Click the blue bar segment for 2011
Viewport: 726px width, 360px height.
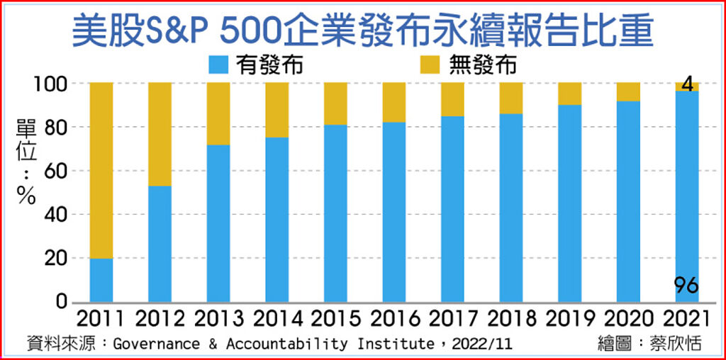pyautogui.click(x=101, y=281)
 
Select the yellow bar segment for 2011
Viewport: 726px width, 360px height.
pyautogui.click(x=101, y=170)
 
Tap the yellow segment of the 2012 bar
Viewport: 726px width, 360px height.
pyautogui.click(x=160, y=134)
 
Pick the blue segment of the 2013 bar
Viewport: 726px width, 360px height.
pyautogui.click(x=218, y=223)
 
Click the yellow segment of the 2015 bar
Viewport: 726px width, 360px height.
pyautogui.click(x=335, y=103)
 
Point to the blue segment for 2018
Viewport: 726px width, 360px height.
pyautogui.click(x=511, y=208)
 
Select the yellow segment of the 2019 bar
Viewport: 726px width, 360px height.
pyautogui.click(x=570, y=94)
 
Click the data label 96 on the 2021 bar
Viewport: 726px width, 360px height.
pyautogui.click(x=686, y=286)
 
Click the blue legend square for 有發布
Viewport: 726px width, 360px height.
pyautogui.click(x=218, y=65)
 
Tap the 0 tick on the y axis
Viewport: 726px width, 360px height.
pyautogui.click(x=62, y=302)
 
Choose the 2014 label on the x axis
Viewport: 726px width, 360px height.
pyautogui.click(x=277, y=318)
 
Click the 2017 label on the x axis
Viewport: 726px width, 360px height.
pyautogui.click(x=452, y=318)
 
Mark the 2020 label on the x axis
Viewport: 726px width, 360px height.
pyautogui.click(x=627, y=318)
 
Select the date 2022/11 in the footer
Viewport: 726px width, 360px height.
pyautogui.click(x=477, y=345)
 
